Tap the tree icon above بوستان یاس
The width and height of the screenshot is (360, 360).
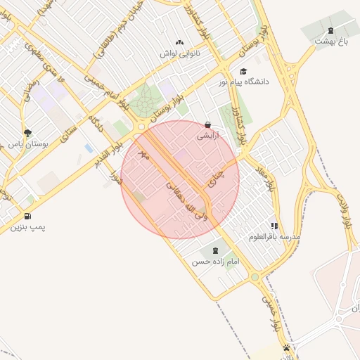pyautogui.click(x=27, y=132)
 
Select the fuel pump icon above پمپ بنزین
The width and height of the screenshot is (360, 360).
pyautogui.click(x=27, y=216)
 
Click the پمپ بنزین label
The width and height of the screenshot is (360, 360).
pyautogui.click(x=28, y=228)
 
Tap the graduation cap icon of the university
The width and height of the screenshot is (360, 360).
pyautogui.click(x=243, y=71)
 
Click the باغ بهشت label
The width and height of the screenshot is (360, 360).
pyautogui.click(x=331, y=41)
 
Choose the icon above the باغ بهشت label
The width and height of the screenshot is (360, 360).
pyautogui.click(x=331, y=30)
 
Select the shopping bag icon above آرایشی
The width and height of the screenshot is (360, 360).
pyautogui.click(x=207, y=124)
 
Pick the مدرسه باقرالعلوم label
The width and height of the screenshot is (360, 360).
pyautogui.click(x=274, y=237)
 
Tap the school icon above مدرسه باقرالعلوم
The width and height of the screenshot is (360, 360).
pyautogui.click(x=274, y=226)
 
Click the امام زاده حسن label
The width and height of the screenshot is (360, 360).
pyautogui.click(x=216, y=262)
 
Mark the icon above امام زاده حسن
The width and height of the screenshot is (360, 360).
pyautogui.click(x=215, y=250)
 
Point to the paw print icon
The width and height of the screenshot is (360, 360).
pyautogui.click(x=287, y=347)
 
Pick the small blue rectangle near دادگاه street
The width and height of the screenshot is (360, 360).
pyautogui.click(x=88, y=148)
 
